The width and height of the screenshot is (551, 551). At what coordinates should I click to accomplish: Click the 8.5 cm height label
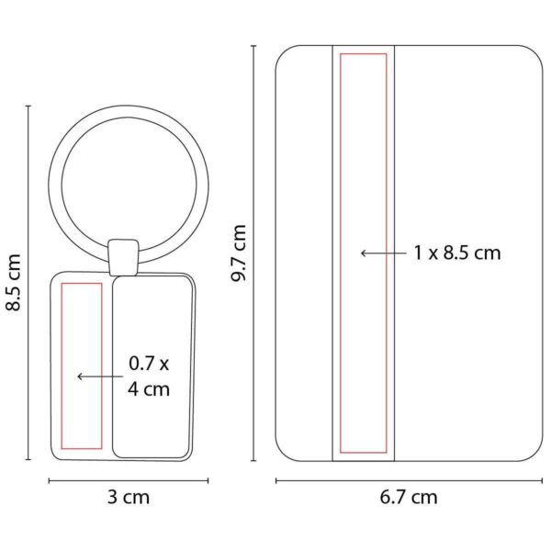[14, 282]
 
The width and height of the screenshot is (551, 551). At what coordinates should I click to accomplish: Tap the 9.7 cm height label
[238, 253]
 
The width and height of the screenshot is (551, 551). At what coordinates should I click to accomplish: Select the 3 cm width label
[129, 497]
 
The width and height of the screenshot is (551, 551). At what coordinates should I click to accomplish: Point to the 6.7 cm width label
[409, 497]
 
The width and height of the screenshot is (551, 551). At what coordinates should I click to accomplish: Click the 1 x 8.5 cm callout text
[457, 253]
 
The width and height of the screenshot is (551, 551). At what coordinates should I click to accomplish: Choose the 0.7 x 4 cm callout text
[149, 376]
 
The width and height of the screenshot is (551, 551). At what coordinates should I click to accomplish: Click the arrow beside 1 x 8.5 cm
[384, 253]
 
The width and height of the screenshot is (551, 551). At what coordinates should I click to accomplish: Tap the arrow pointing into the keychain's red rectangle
[100, 377]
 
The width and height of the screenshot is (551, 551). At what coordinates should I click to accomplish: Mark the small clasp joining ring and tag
[123, 257]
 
